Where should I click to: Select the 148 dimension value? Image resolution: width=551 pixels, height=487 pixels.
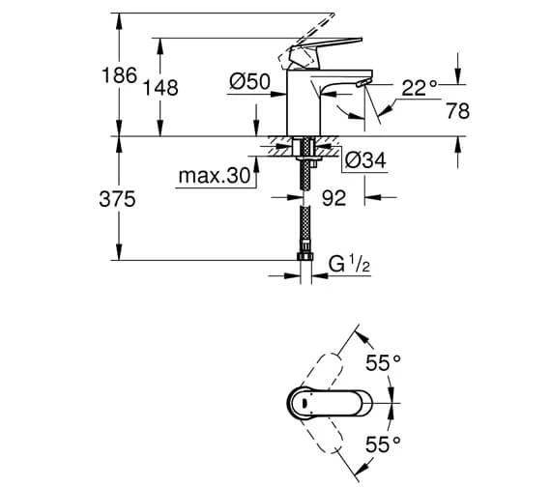[x=160, y=88]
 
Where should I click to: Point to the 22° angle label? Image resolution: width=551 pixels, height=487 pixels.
[x=419, y=89]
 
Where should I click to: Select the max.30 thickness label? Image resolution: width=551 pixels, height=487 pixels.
[x=214, y=176]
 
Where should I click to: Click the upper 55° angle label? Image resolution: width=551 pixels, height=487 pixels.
[x=382, y=363]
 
